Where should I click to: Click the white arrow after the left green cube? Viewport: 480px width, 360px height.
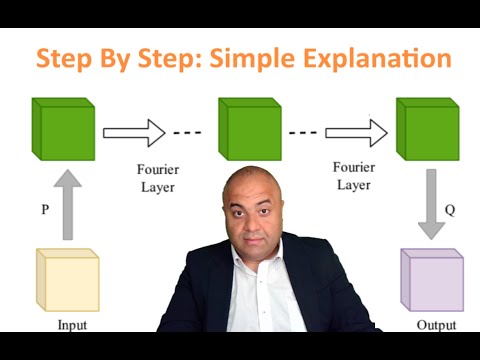[133, 131]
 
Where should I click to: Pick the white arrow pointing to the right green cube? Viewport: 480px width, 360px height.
[355, 131]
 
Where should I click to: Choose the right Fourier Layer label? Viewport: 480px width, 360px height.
[354, 176]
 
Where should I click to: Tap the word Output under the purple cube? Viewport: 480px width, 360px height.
[437, 325]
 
